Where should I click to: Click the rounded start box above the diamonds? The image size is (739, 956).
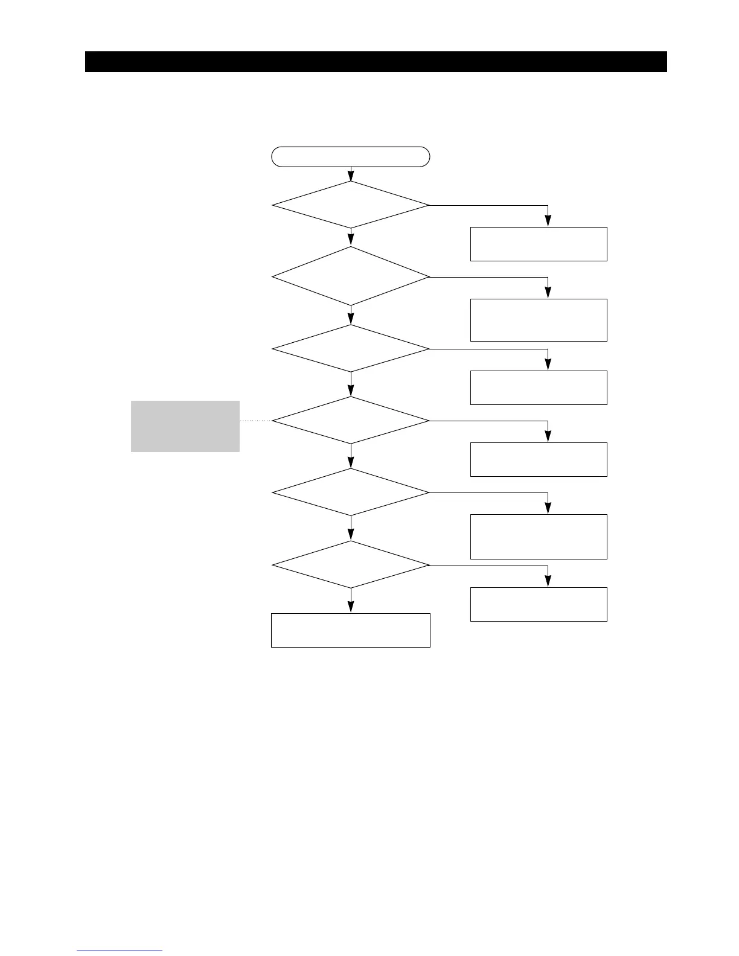click(351, 156)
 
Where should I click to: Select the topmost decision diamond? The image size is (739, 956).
click(351, 205)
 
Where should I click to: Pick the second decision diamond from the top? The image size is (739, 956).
click(351, 276)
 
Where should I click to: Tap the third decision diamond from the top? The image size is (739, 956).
click(351, 349)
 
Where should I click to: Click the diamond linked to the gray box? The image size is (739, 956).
click(351, 420)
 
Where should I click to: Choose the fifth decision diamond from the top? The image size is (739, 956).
click(351, 492)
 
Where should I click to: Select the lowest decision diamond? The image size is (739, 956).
click(351, 565)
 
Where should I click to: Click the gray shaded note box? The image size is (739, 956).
click(185, 426)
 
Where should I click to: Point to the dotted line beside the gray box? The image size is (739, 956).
click(255, 421)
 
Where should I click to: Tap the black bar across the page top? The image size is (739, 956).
click(376, 62)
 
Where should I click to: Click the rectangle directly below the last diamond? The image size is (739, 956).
click(351, 630)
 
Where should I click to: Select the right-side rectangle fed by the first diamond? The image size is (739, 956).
click(539, 244)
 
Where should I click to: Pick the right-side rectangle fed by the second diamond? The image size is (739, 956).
click(539, 320)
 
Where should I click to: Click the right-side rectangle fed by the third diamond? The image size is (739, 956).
click(539, 387)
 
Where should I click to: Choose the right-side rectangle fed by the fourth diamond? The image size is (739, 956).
click(539, 459)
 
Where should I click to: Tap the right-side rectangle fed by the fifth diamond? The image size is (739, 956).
click(539, 537)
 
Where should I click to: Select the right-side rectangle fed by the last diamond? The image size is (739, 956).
click(539, 604)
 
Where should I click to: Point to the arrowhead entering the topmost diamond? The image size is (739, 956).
click(351, 177)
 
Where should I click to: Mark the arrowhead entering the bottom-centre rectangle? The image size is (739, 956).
click(351, 610)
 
